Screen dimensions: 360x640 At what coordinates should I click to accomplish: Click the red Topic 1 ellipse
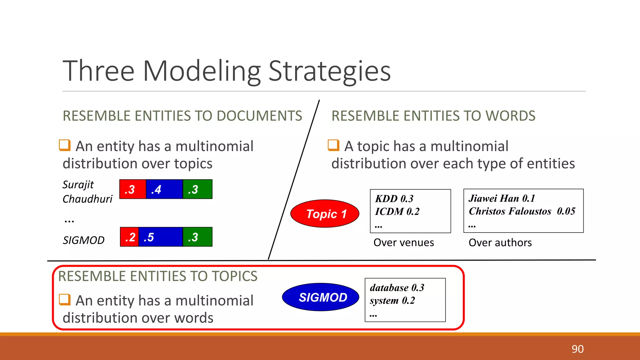click(325, 214)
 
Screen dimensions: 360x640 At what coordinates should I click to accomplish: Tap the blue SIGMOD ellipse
click(321, 297)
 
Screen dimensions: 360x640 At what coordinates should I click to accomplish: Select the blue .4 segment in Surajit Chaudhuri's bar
click(164, 189)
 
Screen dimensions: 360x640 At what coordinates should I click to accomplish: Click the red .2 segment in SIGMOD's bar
click(129, 237)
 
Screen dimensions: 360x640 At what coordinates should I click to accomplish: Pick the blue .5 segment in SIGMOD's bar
click(160, 237)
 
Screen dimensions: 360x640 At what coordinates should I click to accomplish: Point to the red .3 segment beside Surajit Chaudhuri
click(132, 189)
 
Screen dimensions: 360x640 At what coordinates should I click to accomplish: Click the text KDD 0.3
click(394, 199)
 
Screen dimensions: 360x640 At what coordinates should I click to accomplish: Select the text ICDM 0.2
click(397, 212)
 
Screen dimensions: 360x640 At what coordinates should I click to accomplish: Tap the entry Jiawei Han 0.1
click(502, 198)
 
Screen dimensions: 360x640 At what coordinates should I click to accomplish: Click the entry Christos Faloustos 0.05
click(522, 211)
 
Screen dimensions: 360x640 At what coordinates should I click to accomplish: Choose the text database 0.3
click(397, 288)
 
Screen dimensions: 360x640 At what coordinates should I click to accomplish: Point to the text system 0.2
click(392, 301)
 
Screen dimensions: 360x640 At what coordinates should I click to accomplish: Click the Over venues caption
click(403, 242)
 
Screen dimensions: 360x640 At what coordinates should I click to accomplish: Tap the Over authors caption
click(500, 242)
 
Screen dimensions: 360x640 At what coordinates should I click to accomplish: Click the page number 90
click(577, 349)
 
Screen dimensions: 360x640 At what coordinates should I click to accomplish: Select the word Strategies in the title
click(329, 71)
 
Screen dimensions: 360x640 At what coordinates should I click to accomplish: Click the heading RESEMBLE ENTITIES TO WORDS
click(433, 116)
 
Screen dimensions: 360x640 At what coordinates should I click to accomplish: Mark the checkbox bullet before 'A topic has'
click(333, 145)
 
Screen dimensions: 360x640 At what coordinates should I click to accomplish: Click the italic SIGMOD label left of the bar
click(83, 240)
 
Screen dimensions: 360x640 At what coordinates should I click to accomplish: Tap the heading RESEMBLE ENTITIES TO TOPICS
click(158, 277)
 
